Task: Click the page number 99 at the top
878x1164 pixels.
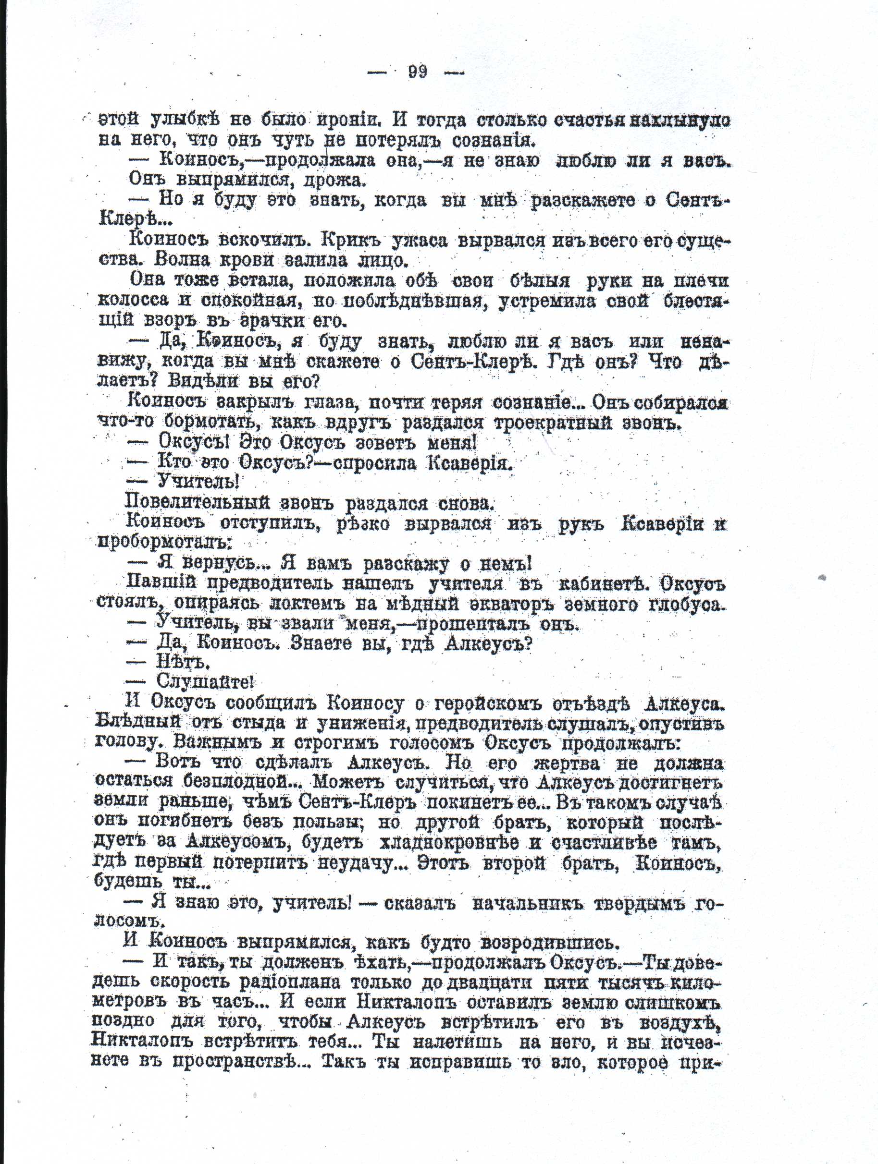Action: point(417,72)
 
